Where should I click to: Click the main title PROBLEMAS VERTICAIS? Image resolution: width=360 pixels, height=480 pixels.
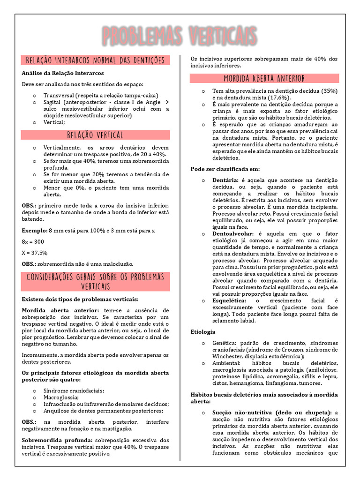180,36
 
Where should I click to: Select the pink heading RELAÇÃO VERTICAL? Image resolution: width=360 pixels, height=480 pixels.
95,135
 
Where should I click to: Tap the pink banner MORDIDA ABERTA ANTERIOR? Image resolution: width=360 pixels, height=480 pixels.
264,78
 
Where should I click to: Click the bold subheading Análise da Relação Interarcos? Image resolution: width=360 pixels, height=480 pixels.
63,73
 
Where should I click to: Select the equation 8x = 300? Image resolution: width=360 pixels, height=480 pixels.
33,241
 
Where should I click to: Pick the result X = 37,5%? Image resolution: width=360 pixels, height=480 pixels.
35,253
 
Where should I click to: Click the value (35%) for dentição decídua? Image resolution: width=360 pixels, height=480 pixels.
330,90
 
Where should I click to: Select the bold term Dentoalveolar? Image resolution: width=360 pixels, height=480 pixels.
233,233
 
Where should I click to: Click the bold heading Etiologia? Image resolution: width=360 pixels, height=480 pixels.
203,331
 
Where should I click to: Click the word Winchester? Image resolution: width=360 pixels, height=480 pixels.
230,356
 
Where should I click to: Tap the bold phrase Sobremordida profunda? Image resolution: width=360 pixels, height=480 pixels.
57,441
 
